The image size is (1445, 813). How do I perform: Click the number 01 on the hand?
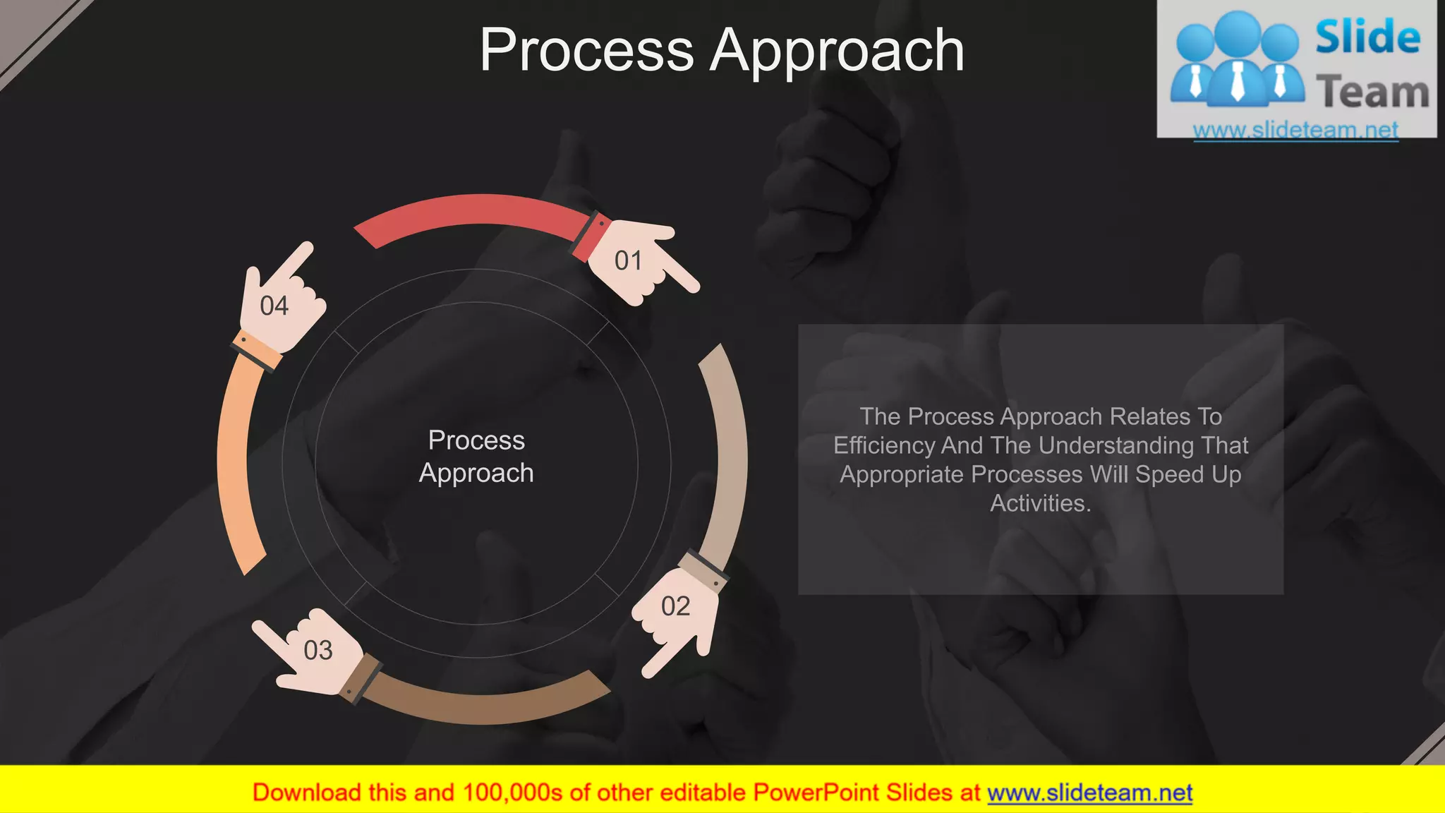pos(628,261)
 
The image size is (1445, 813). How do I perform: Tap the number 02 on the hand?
pos(675,607)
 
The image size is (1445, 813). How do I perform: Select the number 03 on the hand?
pos(318,651)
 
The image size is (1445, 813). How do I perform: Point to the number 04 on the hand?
pos(274,306)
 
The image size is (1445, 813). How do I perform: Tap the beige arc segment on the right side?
pos(730,452)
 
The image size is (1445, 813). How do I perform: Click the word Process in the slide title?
pos(587,51)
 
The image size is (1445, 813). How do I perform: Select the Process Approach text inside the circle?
pos(476,457)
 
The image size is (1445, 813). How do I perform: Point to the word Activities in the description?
pos(1040,504)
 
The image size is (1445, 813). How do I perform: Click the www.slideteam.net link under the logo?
pos(1295,130)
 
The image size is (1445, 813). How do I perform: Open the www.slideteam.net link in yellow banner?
pos(1089,793)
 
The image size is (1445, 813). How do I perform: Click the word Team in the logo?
pos(1372,93)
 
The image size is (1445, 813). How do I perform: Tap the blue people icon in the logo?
pos(1236,60)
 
